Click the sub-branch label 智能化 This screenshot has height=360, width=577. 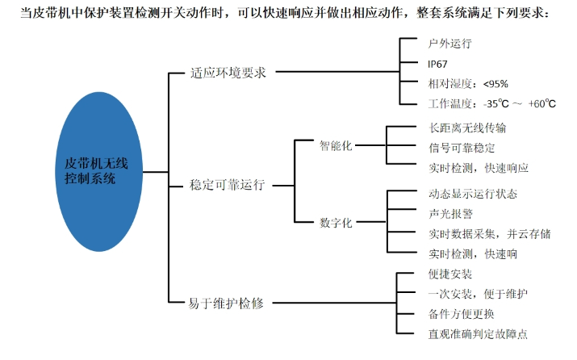coord(336,145)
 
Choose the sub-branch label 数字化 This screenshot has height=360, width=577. coord(336,222)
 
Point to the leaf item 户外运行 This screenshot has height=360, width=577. coord(450,43)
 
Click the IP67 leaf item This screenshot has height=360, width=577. coord(439,63)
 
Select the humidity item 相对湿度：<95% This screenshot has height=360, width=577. coord(468,83)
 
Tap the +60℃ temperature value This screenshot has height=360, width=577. coord(542,103)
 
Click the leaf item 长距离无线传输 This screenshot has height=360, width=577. coord(467,128)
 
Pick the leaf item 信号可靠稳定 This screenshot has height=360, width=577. coord(462,148)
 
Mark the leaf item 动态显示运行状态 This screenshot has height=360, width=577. coord(473,194)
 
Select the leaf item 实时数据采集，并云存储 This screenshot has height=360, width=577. coord(490,234)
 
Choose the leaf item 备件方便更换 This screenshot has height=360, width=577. coord(462,313)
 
